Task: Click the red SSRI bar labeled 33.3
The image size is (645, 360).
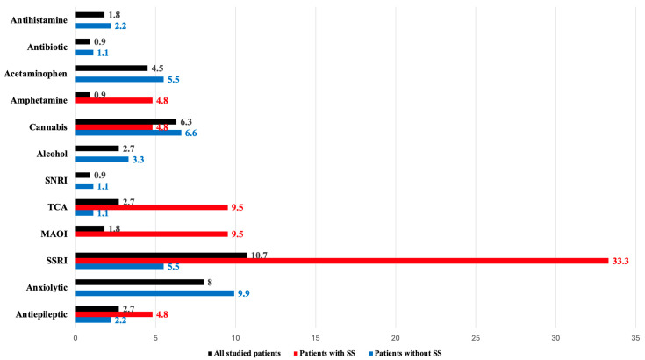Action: [x=342, y=261]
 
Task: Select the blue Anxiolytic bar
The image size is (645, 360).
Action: [x=154, y=293]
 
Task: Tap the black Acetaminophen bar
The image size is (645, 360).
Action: [x=111, y=68]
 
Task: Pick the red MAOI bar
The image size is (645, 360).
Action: [x=152, y=234]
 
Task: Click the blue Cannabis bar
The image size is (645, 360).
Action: [x=128, y=133]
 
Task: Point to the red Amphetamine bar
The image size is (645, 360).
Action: [x=114, y=100]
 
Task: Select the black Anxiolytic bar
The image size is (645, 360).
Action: [x=140, y=282]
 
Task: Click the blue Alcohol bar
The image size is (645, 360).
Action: [x=102, y=160]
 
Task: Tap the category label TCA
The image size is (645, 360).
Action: [x=57, y=207]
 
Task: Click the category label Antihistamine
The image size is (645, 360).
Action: [x=39, y=20]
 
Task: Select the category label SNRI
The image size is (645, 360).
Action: [x=56, y=180]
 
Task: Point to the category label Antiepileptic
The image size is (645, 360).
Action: [x=41, y=314]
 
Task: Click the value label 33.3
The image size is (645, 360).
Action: [x=620, y=261]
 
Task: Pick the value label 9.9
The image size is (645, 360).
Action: [x=244, y=293]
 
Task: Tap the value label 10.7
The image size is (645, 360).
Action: [x=259, y=256]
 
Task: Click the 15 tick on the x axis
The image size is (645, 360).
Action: [x=316, y=338]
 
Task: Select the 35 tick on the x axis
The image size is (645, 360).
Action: [x=635, y=338]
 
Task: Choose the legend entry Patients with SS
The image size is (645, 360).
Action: [x=325, y=353]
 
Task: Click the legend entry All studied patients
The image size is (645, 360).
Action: [x=244, y=353]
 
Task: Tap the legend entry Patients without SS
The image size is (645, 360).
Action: [x=405, y=353]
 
